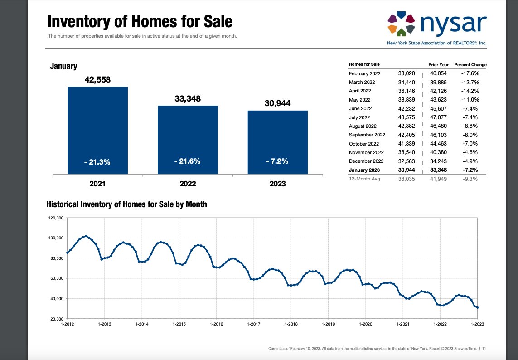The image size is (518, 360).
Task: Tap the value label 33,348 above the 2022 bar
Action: click(187, 99)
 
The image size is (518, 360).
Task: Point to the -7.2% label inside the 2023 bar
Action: click(277, 161)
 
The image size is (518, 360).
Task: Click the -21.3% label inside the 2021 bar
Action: click(97, 162)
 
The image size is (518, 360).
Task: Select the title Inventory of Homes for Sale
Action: click(140, 21)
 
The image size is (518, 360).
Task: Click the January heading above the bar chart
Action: click(63, 67)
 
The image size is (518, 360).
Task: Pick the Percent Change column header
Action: click(470, 65)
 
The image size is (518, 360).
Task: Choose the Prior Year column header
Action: click(438, 65)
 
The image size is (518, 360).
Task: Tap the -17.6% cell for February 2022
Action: click(470, 73)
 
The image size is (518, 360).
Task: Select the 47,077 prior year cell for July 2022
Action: click(438, 117)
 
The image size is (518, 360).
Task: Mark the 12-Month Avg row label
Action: click(364, 179)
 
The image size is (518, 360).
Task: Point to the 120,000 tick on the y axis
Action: click(56, 218)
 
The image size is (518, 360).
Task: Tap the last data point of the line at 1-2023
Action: click(477, 308)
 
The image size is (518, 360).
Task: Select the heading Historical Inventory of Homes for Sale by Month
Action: click(126, 204)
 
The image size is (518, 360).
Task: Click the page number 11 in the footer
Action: click(484, 349)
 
